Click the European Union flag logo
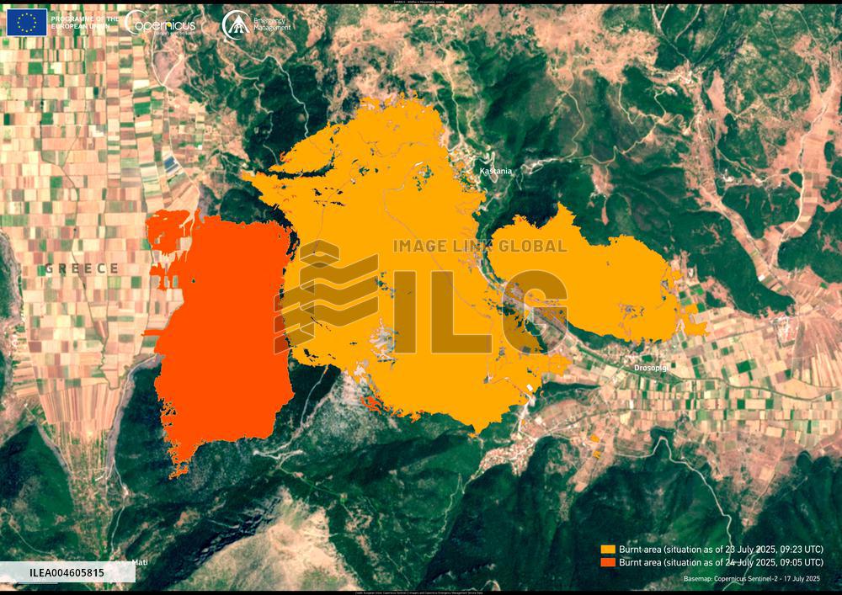[27, 22]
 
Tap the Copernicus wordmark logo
[161, 24]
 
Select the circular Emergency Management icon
[235, 24]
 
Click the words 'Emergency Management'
[272, 24]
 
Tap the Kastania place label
[495, 171]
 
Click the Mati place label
[140, 562]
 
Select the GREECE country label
[82, 268]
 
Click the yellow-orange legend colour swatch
[607, 549]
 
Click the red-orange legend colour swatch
[607, 561]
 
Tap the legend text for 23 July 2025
[721, 549]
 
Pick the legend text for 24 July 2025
[721, 561]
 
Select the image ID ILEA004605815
[67, 573]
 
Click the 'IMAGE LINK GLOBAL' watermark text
[481, 247]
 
